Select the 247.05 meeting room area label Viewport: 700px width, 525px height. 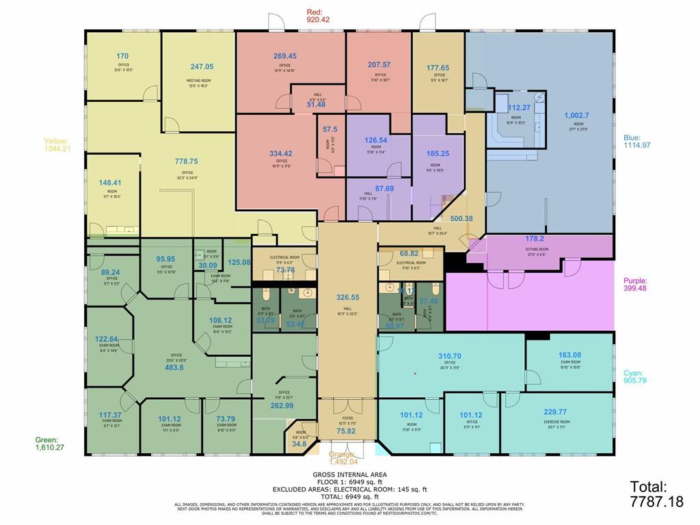202,67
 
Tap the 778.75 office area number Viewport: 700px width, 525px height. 186,162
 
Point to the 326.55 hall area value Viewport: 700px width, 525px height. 348,297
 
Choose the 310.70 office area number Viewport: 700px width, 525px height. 449,356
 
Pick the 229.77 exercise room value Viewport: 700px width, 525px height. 555,412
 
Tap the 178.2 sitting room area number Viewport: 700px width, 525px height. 535,239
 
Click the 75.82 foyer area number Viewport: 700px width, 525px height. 347,431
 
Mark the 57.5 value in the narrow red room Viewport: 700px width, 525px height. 330,129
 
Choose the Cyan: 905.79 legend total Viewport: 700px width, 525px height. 635,377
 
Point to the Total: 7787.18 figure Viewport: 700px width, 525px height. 656,494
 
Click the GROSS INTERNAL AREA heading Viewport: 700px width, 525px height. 349,474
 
